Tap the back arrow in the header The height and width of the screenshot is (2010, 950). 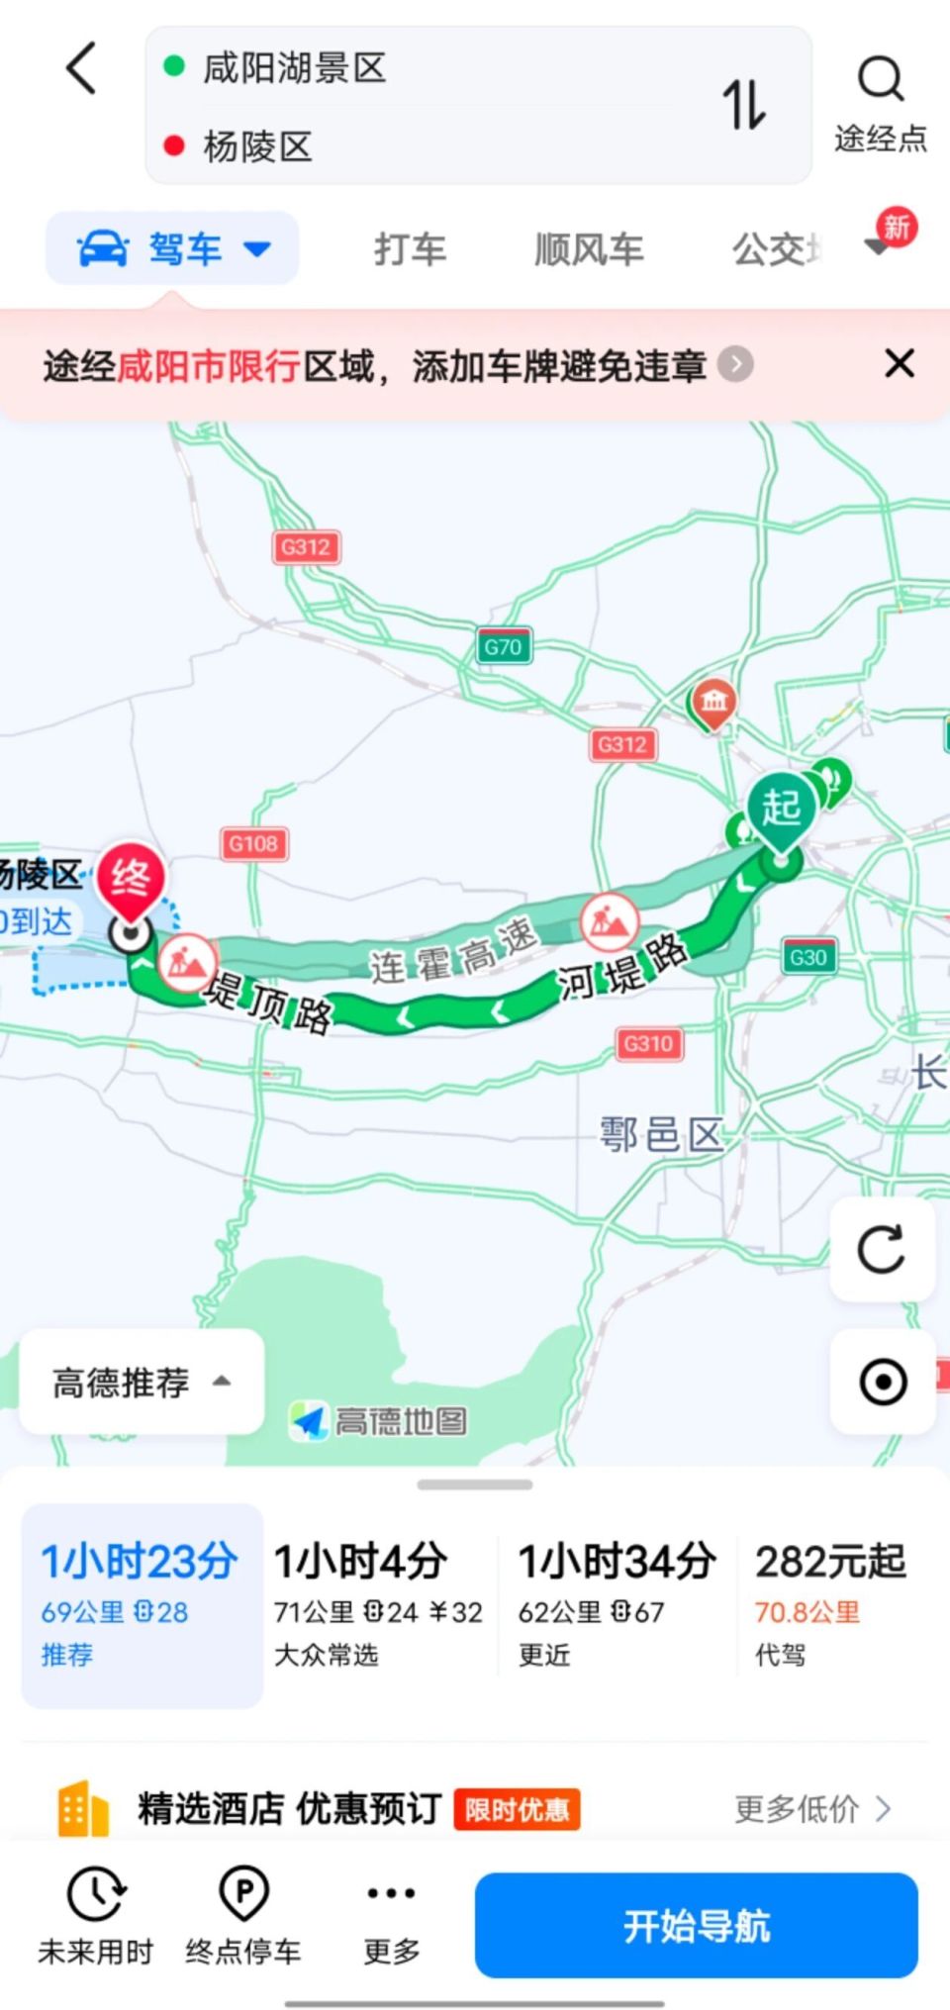(x=82, y=68)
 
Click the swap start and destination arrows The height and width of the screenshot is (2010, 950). (x=744, y=104)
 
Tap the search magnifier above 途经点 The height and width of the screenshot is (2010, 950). (x=880, y=79)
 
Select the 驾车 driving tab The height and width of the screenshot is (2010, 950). (x=172, y=248)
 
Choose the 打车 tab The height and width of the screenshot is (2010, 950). (x=410, y=249)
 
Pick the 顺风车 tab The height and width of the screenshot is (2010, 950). (x=589, y=249)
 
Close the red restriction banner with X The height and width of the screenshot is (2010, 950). (x=899, y=363)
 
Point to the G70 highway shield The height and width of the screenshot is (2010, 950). (x=504, y=647)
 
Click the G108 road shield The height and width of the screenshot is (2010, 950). (x=253, y=844)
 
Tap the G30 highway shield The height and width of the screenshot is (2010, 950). (x=807, y=957)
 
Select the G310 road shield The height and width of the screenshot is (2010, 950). (x=648, y=1043)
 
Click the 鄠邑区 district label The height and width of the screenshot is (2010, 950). (x=661, y=1134)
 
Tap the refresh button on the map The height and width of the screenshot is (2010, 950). (x=882, y=1249)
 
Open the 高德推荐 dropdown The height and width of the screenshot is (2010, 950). (x=142, y=1382)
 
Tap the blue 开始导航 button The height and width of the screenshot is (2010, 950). (x=696, y=1925)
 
